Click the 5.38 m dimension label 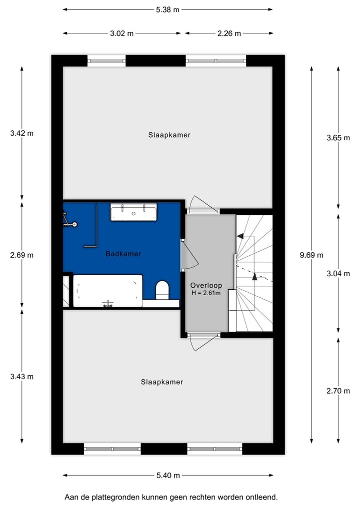(x=168, y=9)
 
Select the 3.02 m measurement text (x=122, y=33)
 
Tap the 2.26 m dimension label (x=229, y=33)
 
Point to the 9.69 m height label (x=311, y=255)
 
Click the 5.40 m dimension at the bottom (x=168, y=476)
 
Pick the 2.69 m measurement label (x=22, y=255)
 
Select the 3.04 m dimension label (x=338, y=273)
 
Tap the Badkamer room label (x=123, y=254)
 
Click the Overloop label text (x=206, y=285)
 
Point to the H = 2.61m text (x=206, y=293)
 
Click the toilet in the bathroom (x=162, y=290)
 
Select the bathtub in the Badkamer (x=107, y=291)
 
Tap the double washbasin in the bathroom (x=133, y=213)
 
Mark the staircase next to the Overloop (x=254, y=273)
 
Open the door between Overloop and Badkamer (x=187, y=255)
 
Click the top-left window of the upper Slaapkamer (x=106, y=60)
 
